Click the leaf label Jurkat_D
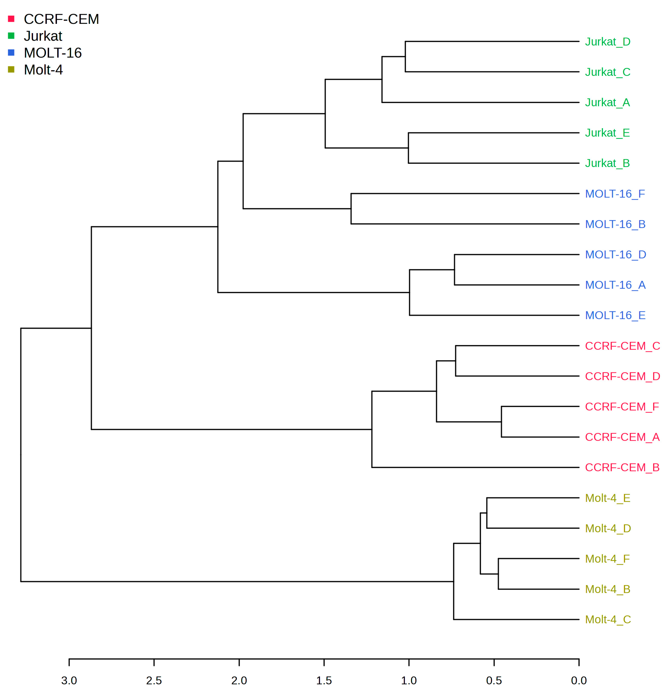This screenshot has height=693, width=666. [x=607, y=42]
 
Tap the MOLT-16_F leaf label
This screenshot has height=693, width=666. [x=615, y=194]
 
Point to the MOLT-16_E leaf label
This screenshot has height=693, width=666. [x=615, y=315]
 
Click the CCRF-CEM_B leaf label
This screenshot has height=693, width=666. [x=622, y=467]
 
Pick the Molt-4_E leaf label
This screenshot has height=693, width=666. [x=607, y=498]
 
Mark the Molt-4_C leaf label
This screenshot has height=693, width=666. [x=608, y=619]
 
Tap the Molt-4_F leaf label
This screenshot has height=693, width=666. [x=607, y=559]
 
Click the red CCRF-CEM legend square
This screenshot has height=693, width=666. [x=11, y=19]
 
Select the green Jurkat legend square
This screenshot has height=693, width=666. [x=11, y=36]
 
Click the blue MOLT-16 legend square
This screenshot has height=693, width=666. [x=11, y=53]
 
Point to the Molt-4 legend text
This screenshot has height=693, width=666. [x=43, y=70]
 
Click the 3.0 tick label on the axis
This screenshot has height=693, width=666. [x=69, y=681]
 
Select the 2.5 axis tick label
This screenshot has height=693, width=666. [x=154, y=681]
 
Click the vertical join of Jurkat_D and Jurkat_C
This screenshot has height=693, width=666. [x=405, y=56]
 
